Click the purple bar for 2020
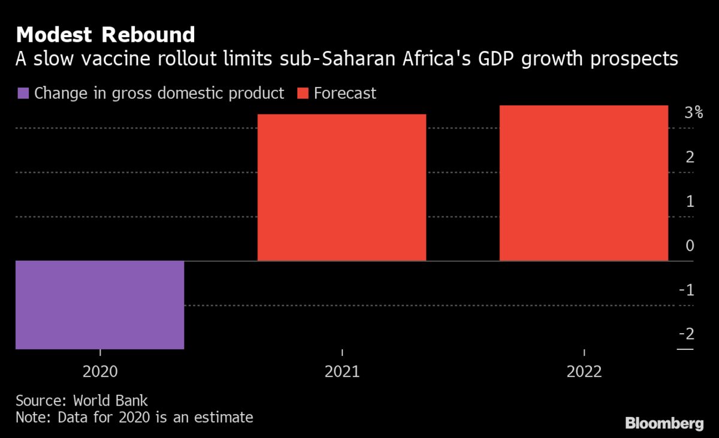(99, 304)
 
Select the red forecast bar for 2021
(342, 188)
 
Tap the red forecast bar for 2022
(584, 183)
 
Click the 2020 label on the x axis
(100, 372)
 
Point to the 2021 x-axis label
(342, 372)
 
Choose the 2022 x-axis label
(584, 372)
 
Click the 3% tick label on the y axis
(694, 112)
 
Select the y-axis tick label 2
(690, 157)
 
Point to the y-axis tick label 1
(690, 201)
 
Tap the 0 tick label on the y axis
(690, 246)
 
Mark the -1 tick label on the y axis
(687, 290)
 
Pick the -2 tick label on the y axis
(687, 334)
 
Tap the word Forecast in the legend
(345, 93)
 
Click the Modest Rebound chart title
(105, 35)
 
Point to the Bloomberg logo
(664, 424)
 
